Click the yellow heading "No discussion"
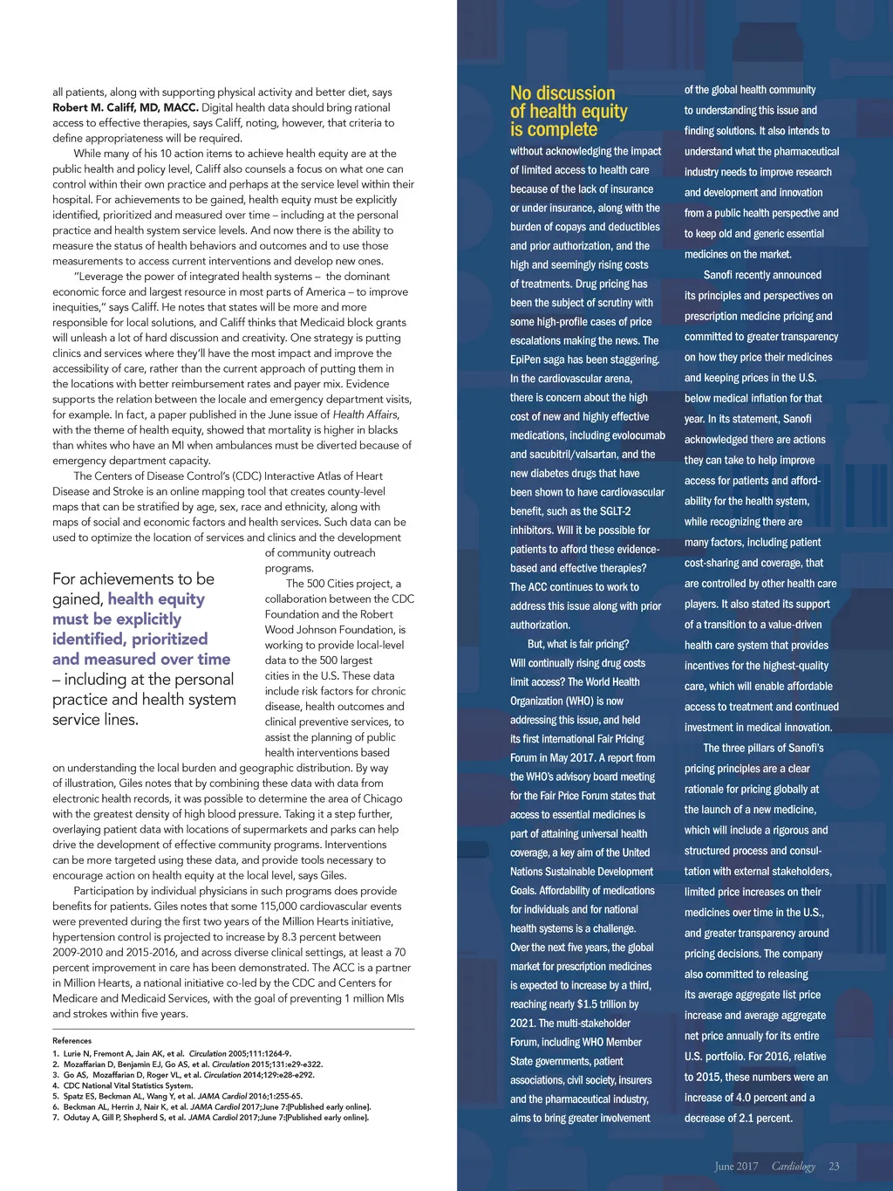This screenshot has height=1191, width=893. coord(562,93)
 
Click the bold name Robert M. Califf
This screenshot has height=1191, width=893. coord(125,107)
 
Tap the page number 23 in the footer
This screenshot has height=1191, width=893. coord(834,1166)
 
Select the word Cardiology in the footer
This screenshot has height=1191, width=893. coord(793,1166)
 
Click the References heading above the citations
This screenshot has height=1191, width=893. coord(72,1040)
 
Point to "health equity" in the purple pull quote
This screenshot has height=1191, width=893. coord(156,599)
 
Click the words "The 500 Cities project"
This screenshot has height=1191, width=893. coord(341,584)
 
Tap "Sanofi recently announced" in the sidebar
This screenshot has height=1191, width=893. coord(762,275)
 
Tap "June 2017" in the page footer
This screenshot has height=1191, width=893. coord(736,1166)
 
